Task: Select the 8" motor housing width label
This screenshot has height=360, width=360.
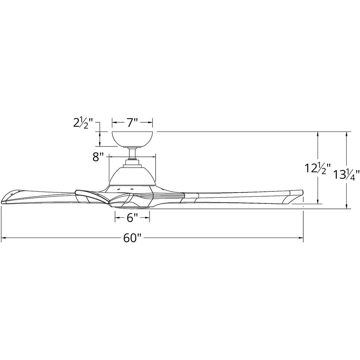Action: pyautogui.click(x=99, y=157)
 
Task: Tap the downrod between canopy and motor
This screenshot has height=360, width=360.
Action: pyautogui.click(x=132, y=153)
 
